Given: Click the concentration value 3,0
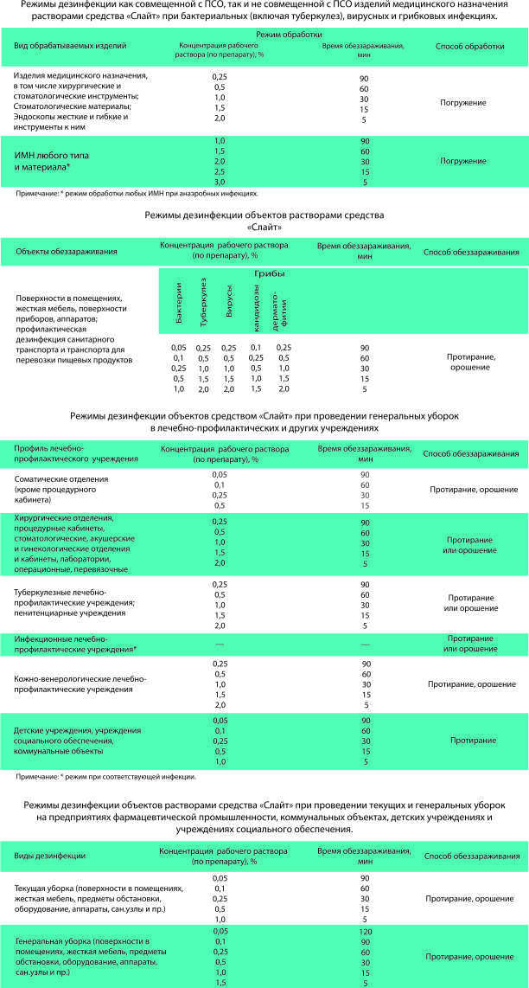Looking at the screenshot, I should pyautogui.click(x=219, y=183).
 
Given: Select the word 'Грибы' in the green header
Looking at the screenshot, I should pyautogui.click(x=270, y=273).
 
